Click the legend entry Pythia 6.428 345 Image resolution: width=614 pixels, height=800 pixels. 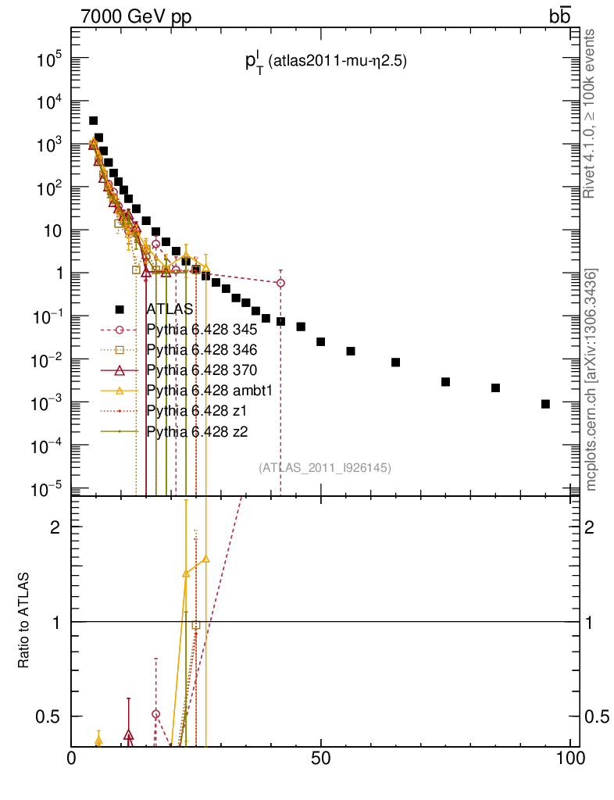(x=202, y=329)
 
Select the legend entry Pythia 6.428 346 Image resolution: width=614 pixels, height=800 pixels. (x=202, y=349)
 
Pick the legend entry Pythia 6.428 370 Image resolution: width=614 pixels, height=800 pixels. (x=202, y=370)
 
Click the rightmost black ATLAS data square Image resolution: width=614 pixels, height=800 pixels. (x=545, y=404)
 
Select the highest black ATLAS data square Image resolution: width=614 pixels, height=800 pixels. (x=93, y=120)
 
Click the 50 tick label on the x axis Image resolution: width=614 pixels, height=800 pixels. (x=321, y=759)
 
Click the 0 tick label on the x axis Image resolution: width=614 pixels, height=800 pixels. (x=72, y=759)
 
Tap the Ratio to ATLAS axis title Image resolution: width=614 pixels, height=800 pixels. (x=24, y=620)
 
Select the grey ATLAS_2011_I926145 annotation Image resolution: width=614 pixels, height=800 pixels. (x=324, y=468)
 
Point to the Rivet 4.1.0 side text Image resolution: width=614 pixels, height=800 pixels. (x=591, y=113)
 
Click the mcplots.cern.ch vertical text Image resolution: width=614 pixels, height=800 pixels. (x=591, y=379)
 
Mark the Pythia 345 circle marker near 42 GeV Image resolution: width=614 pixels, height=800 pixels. (x=280, y=283)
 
